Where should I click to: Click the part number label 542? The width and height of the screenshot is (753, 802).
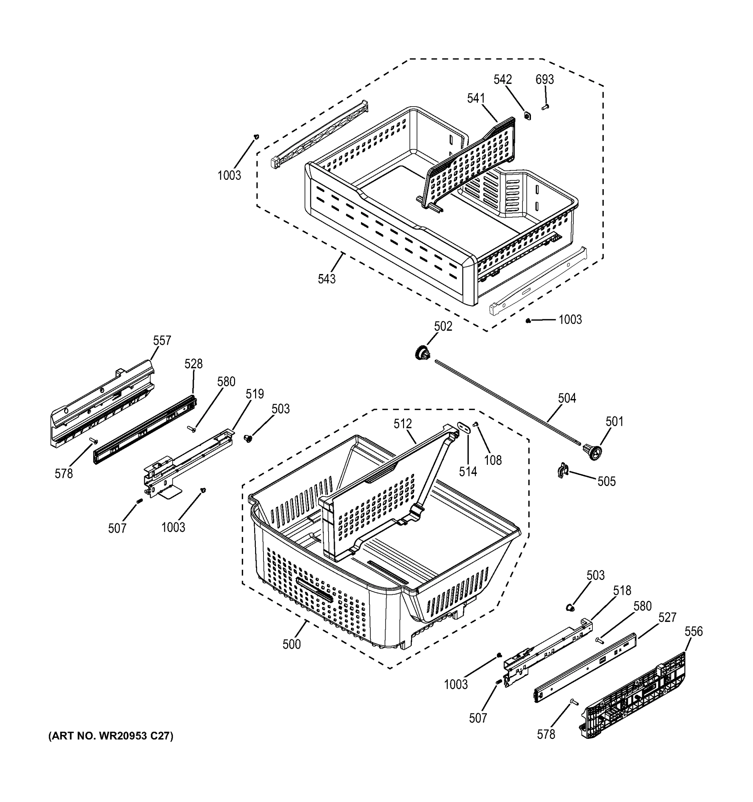coord(503,80)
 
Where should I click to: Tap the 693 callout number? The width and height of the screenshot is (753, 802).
coord(545,80)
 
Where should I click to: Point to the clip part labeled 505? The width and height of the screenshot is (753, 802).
coord(563,471)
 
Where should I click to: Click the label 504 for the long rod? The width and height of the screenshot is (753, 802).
coord(567,398)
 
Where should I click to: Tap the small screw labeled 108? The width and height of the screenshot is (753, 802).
coord(476,424)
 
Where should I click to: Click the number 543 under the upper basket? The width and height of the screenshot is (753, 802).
coord(327,279)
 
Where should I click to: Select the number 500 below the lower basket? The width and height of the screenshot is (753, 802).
coord(292,644)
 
